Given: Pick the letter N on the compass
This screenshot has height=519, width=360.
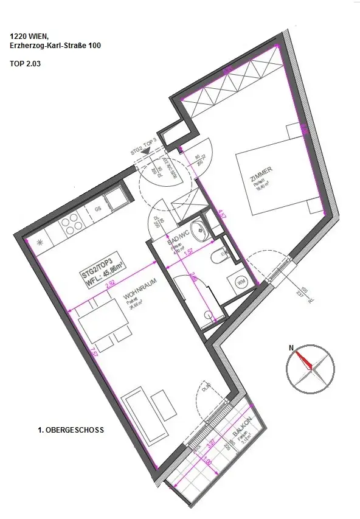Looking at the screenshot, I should coord(291,349).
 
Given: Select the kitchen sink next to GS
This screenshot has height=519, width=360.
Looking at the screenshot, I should coord(114,198).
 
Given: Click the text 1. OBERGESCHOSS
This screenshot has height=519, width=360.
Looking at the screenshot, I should coord(71,430).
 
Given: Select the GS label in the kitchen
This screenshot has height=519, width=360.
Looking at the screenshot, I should coord(96,209).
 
